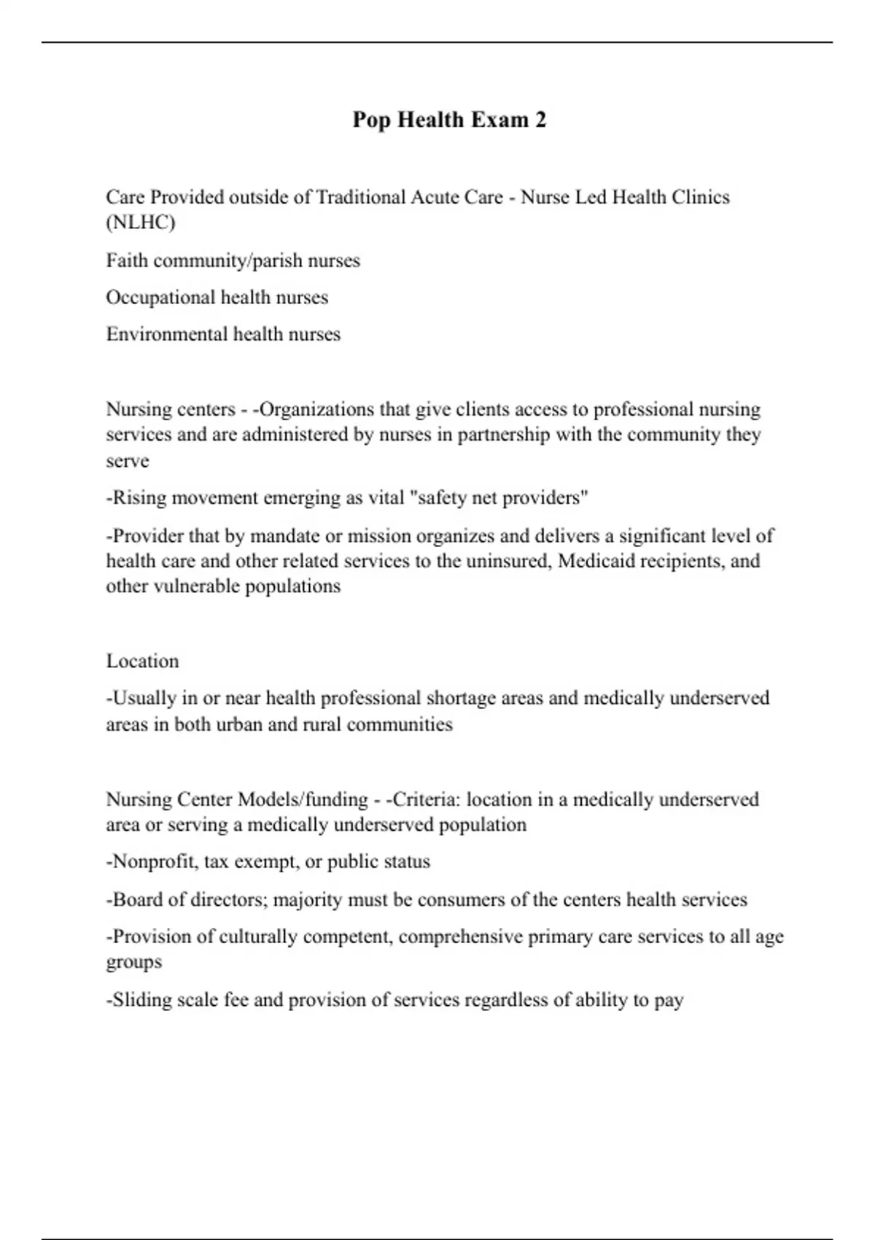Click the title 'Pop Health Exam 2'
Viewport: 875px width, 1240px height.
click(449, 120)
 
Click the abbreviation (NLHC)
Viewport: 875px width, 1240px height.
click(141, 222)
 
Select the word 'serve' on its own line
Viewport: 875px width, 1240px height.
click(128, 461)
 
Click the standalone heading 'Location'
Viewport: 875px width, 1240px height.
click(142, 661)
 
